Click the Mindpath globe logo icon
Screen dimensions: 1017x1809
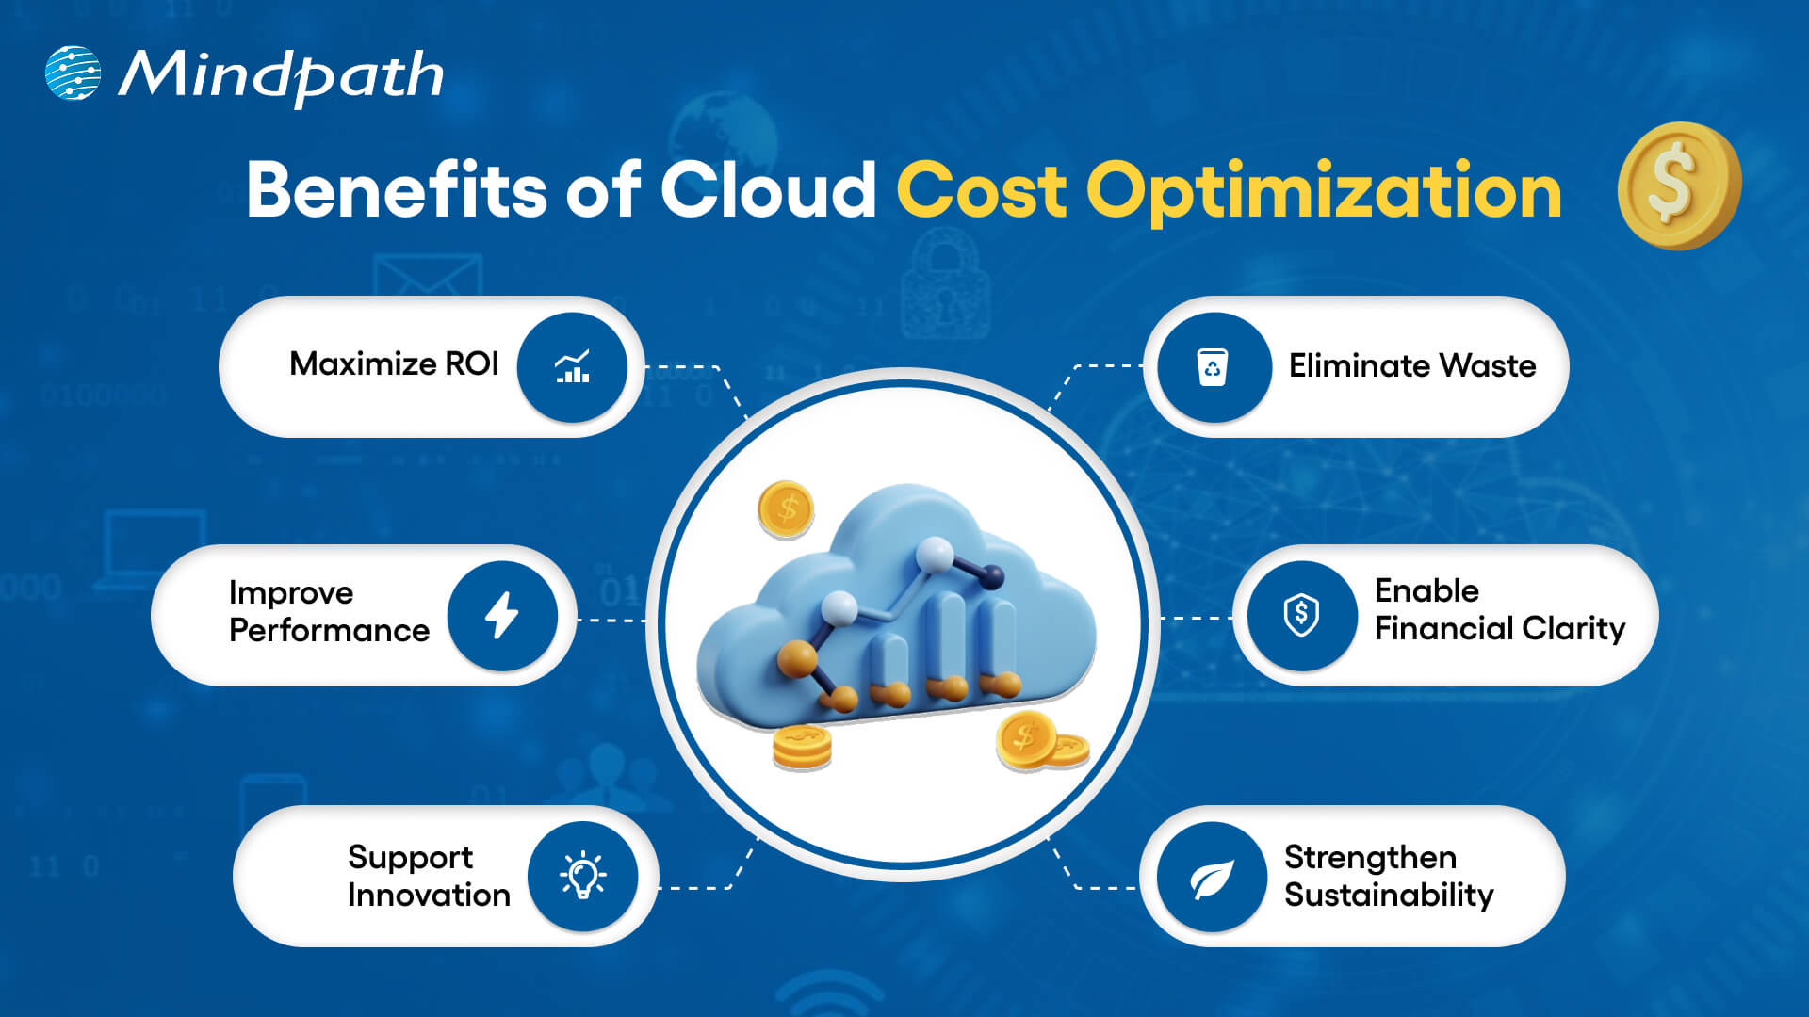tap(73, 73)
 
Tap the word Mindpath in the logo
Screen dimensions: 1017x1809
tap(281, 75)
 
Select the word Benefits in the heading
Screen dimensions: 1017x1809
tap(396, 190)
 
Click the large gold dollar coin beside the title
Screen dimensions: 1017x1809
tap(1678, 186)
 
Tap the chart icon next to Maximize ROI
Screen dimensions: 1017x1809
tap(572, 367)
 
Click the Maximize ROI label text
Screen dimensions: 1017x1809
tap(394, 363)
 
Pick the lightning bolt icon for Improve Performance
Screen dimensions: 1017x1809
tap(501, 616)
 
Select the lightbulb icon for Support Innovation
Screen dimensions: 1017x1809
tap(582, 876)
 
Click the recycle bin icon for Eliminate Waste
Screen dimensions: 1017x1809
tap(1213, 367)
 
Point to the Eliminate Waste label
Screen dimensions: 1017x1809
tap(1411, 365)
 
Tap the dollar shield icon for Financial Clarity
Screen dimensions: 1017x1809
tap(1301, 616)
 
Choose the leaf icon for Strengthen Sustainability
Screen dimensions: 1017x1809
tap(1212, 878)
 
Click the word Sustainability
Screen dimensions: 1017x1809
tap(1388, 895)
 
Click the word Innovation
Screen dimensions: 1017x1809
tap(429, 895)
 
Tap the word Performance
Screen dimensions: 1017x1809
tap(329, 630)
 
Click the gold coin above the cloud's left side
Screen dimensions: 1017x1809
tap(786, 509)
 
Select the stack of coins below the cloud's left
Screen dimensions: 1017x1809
tap(802, 748)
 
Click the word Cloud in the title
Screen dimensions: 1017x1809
tap(768, 190)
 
